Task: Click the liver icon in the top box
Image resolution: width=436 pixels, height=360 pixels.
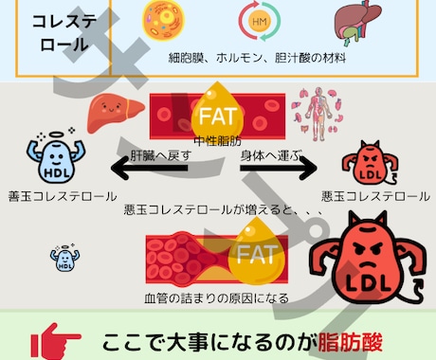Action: [x=351, y=25]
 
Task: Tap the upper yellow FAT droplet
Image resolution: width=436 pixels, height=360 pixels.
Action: [x=221, y=114]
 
